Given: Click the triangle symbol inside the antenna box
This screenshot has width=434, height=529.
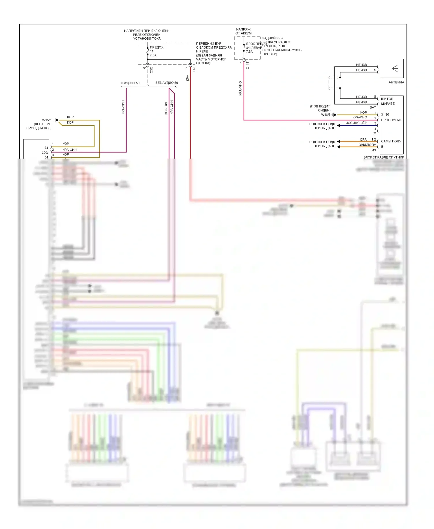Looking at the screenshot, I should point(395,68).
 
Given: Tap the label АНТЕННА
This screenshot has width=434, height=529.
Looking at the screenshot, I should point(396,82).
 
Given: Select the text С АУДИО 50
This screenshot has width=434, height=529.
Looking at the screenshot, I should point(130,83).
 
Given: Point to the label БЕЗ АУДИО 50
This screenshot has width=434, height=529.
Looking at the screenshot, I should point(166,83).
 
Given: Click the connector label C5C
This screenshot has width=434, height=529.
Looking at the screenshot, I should point(151,69).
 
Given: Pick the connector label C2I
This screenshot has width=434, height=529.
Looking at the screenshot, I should point(194,69).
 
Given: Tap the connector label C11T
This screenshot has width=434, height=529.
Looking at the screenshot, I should point(247,65).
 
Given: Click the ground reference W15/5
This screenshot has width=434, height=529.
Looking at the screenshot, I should point(47,120).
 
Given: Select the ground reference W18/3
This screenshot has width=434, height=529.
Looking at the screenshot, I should point(325,115).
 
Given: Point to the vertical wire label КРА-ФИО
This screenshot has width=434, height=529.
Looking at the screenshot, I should point(240,88).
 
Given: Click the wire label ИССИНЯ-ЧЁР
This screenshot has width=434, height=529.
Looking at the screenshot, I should point(356,123).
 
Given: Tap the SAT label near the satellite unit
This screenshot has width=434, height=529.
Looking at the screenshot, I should point(373,107).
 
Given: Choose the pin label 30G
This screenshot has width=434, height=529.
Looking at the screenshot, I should point(45,153).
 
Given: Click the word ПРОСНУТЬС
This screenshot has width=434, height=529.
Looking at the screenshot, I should point(391,120).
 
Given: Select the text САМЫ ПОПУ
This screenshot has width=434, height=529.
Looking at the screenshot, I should point(391,141).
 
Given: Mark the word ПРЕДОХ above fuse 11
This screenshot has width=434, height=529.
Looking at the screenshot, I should point(157,47).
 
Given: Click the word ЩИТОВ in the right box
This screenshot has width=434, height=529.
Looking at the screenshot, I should point(387,99).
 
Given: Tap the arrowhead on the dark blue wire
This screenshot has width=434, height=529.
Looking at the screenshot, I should point(339,125).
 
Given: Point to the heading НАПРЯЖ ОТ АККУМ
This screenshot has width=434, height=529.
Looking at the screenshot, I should point(243,31).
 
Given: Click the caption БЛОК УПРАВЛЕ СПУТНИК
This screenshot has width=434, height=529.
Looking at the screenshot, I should point(384,157).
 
